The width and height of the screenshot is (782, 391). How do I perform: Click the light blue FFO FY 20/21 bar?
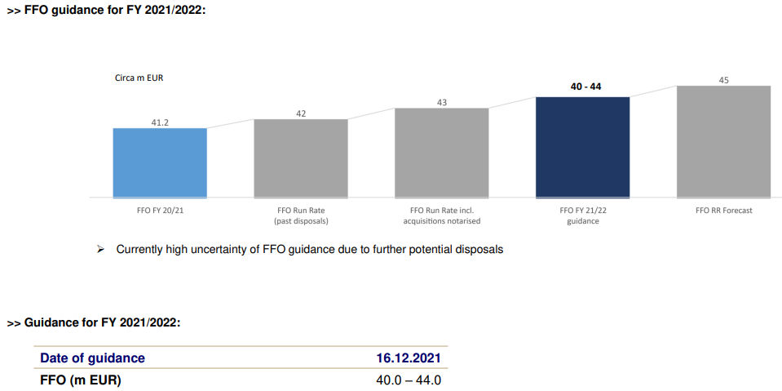pyautogui.click(x=160, y=162)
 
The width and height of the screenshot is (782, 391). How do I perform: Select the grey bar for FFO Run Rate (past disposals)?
pyautogui.click(x=301, y=158)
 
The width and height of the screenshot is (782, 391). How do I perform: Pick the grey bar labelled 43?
pyautogui.click(x=442, y=153)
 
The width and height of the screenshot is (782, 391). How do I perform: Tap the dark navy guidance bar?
pyautogui.click(x=582, y=147)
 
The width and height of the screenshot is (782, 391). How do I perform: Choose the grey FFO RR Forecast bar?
pyautogui.click(x=723, y=141)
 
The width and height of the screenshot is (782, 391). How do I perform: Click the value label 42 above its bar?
pyautogui.click(x=301, y=113)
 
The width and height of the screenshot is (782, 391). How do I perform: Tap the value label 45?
pyautogui.click(x=723, y=79)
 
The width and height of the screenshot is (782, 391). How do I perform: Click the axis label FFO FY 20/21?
pyautogui.click(x=160, y=210)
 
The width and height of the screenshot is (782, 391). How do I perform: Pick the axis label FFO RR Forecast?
pyautogui.click(x=723, y=210)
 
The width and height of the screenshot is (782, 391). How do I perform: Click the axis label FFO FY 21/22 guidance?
pyautogui.click(x=582, y=215)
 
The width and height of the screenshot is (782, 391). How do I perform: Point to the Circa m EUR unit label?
pyautogui.click(x=139, y=78)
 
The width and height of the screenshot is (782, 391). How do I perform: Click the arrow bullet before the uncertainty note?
pyautogui.click(x=100, y=249)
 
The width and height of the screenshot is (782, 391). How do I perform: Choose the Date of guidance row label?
pyautogui.click(x=92, y=358)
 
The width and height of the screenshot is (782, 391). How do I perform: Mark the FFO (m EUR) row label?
pyautogui.click(x=80, y=380)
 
